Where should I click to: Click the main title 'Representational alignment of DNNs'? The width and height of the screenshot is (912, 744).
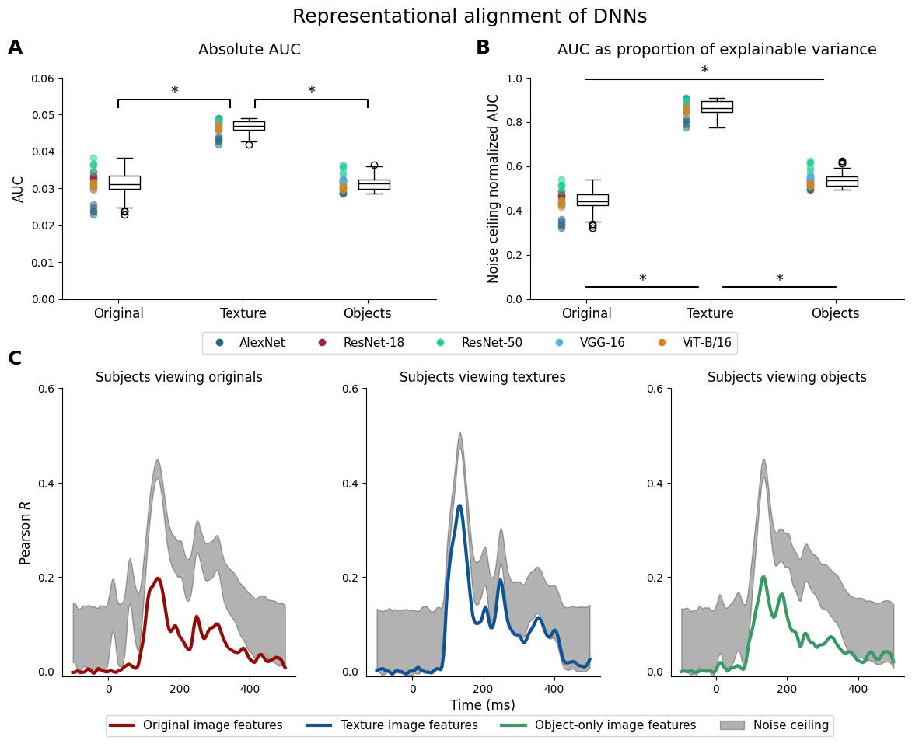tap(469, 16)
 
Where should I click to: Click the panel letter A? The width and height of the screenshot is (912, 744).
tap(16, 48)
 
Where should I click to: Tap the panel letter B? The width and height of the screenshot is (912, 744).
tap(483, 48)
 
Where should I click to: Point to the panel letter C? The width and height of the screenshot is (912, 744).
tap(16, 358)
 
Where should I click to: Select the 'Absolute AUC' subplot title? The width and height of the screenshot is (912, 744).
tap(249, 50)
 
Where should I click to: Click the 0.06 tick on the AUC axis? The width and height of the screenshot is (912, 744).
tap(44, 79)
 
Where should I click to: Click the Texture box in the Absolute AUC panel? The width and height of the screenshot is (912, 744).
tap(249, 125)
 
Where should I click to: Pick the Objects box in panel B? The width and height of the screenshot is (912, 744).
tap(842, 181)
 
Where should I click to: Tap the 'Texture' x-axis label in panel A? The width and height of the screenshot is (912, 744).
tap(243, 314)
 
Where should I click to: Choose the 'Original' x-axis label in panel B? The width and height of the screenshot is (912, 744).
tap(586, 314)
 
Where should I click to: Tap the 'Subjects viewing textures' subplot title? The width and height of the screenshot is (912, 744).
tap(483, 378)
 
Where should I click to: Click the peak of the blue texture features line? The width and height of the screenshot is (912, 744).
tap(459, 506)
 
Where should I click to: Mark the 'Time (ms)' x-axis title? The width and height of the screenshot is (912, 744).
tap(483, 705)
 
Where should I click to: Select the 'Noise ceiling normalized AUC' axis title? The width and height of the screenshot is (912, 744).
tap(494, 188)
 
